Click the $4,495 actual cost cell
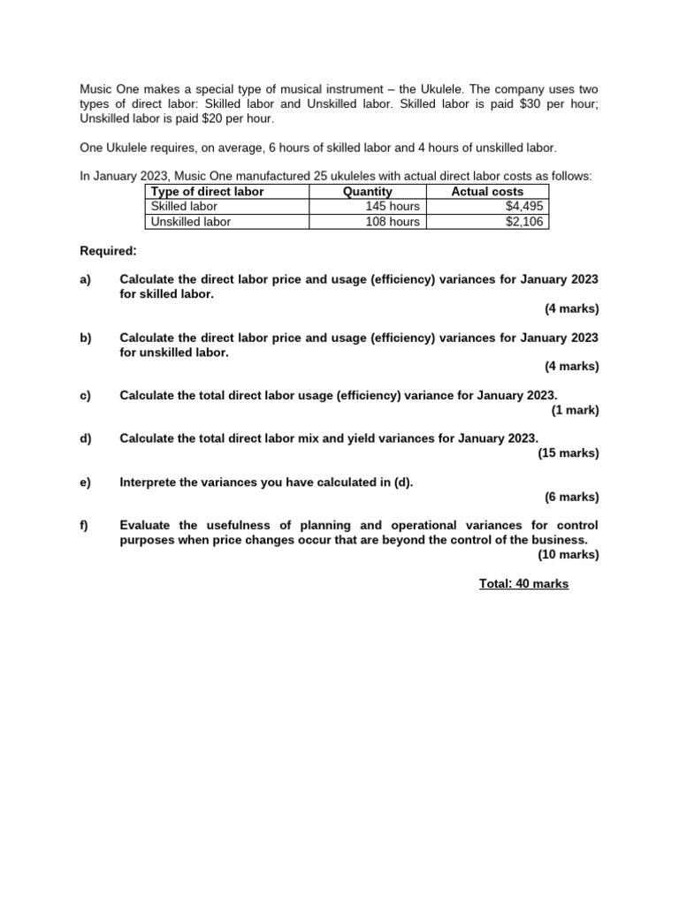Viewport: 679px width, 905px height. pos(525,207)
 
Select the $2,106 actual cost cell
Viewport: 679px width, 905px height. pos(525,222)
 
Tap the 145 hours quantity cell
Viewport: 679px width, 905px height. pos(393,207)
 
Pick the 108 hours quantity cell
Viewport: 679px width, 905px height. pos(393,222)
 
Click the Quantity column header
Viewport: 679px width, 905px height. pos(367,192)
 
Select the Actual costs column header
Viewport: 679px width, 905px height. pos(487,192)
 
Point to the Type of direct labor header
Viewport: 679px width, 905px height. pos(208,192)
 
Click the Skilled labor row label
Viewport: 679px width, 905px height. pos(184,207)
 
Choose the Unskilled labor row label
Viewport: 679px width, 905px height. pos(190,222)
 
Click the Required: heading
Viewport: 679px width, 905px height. pos(108,251)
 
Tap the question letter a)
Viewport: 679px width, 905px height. pos(86,279)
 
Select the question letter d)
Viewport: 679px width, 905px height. pos(86,438)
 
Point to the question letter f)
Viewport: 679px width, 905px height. pos(85,525)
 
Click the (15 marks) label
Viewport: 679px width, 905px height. pos(568,453)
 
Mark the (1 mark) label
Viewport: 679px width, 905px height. pos(575,410)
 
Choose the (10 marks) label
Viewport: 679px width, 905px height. pos(568,555)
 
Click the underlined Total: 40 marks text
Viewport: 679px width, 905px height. pos(523,584)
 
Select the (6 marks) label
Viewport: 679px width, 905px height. pos(572,497)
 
